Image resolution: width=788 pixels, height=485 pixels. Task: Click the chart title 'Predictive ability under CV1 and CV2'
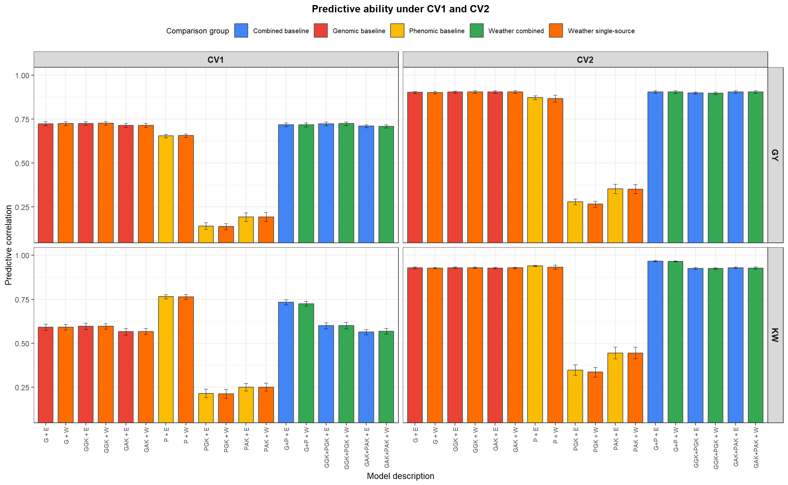tap(400, 9)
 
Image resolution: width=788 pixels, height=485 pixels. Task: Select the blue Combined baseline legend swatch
tap(241, 31)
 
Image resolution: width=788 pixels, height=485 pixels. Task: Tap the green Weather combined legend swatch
tap(476, 31)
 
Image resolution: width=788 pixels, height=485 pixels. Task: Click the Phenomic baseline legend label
tap(436, 31)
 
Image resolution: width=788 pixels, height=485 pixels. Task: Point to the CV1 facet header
tap(216, 60)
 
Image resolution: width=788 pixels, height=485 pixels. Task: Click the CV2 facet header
tap(585, 60)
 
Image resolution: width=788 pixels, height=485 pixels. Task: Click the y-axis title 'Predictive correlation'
tap(8, 245)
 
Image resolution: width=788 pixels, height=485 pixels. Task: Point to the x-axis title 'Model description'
tap(400, 476)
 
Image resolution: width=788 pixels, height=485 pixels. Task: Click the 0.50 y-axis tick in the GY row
tap(22, 163)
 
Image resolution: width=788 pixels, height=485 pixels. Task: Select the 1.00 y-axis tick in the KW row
tap(22, 255)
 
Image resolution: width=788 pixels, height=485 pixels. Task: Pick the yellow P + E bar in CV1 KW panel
tap(166, 359)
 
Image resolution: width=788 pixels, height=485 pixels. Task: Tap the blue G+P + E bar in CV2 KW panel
tap(655, 342)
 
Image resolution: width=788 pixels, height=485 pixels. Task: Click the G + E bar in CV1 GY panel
tap(45, 183)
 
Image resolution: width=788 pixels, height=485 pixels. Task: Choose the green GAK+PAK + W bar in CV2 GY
tap(755, 167)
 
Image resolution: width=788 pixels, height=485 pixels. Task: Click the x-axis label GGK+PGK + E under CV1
tap(326, 447)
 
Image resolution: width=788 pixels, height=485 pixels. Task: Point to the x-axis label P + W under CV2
tap(555, 435)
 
